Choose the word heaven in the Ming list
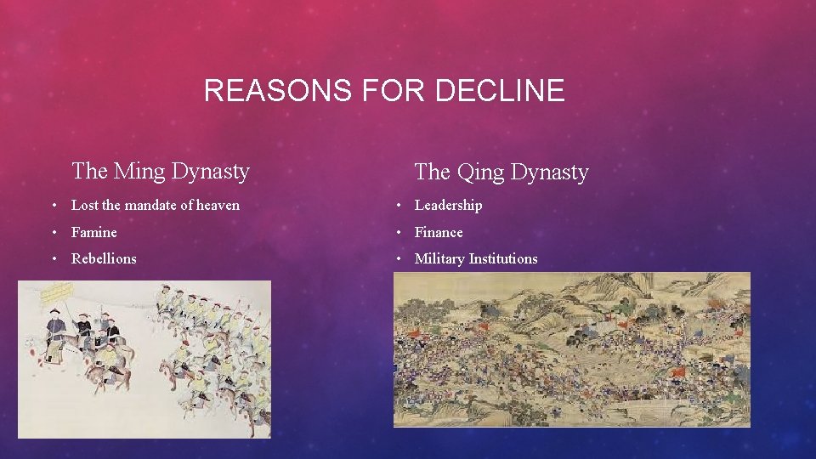click(217, 205)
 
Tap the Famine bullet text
click(94, 232)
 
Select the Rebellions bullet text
click(104, 258)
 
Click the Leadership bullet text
click(448, 205)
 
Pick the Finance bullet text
click(439, 232)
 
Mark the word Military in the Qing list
click(439, 258)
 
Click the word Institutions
click(503, 258)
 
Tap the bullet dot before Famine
click(54, 232)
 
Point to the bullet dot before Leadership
click(397, 205)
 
